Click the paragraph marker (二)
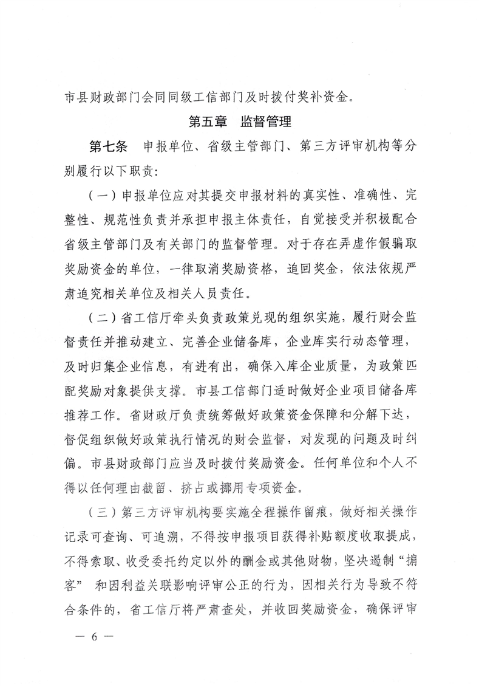(x=101, y=320)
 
